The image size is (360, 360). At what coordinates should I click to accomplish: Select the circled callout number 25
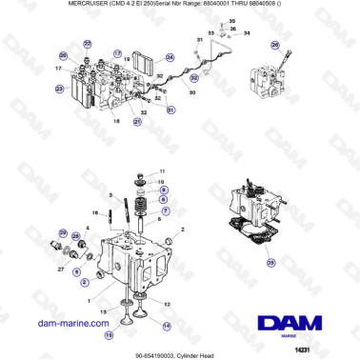271,263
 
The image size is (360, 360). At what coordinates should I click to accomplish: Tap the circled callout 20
63,56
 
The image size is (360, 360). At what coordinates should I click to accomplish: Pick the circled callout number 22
88,44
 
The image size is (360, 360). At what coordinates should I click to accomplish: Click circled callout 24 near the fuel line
170,57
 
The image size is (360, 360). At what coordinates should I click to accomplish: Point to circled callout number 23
59,90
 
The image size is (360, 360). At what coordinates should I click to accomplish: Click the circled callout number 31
171,112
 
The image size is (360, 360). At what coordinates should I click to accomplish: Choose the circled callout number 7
167,211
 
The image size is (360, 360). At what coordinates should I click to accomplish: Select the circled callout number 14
168,325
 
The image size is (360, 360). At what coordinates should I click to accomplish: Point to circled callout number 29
64,234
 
